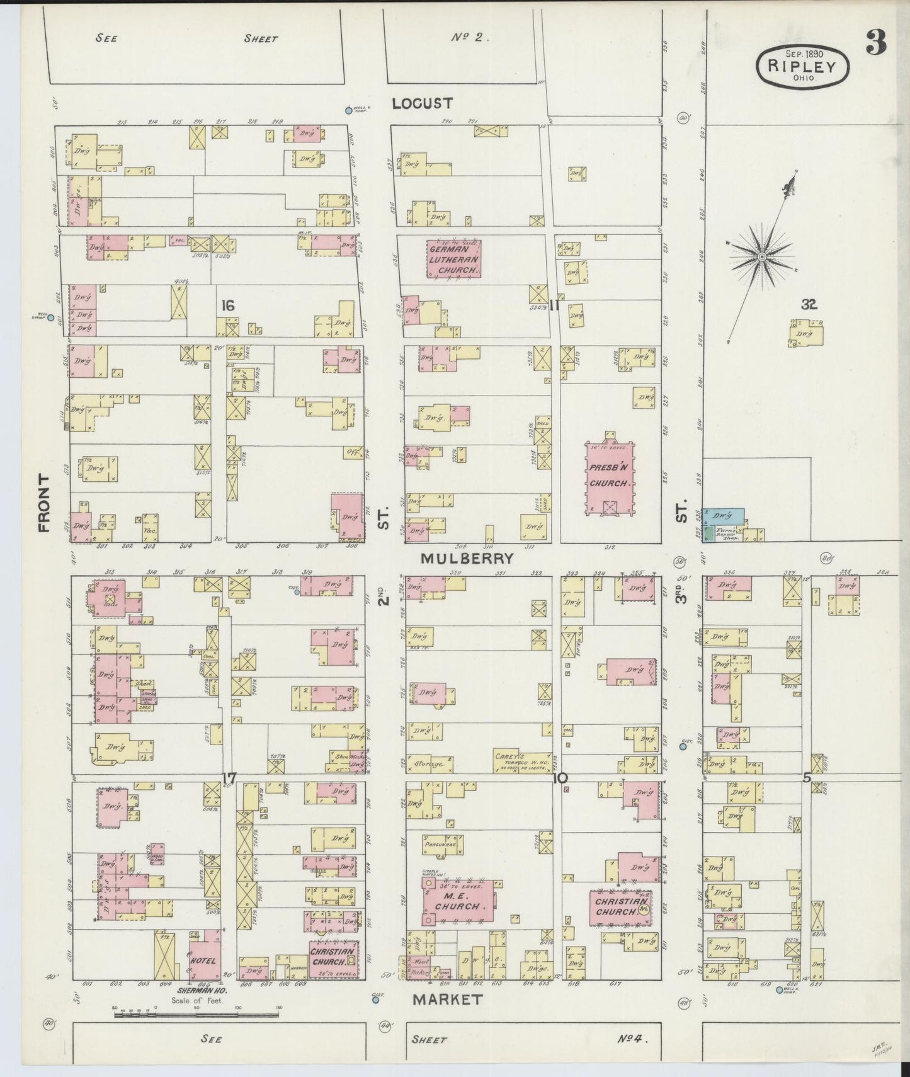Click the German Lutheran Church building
(x=454, y=258)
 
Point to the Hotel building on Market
(x=204, y=960)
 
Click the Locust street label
(x=422, y=103)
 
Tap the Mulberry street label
(x=467, y=558)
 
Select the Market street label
(x=448, y=999)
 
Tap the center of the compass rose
(x=762, y=257)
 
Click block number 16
(x=227, y=305)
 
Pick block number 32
(x=809, y=305)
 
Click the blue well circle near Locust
(x=349, y=111)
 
